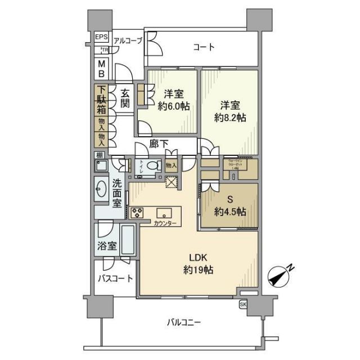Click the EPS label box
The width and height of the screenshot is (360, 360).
click(101, 38)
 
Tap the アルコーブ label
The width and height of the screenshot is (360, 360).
click(128, 40)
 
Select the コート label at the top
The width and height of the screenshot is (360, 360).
click(204, 47)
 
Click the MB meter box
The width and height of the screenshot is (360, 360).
click(102, 68)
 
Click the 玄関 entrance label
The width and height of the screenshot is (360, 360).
click(125, 99)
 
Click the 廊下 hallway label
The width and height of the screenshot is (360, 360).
click(159, 145)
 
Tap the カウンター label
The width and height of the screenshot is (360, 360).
click(166, 224)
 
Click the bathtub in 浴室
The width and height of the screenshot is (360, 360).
click(128, 241)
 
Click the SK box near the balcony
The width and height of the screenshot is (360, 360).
click(243, 304)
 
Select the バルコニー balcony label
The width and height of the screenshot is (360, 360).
click(184, 322)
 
